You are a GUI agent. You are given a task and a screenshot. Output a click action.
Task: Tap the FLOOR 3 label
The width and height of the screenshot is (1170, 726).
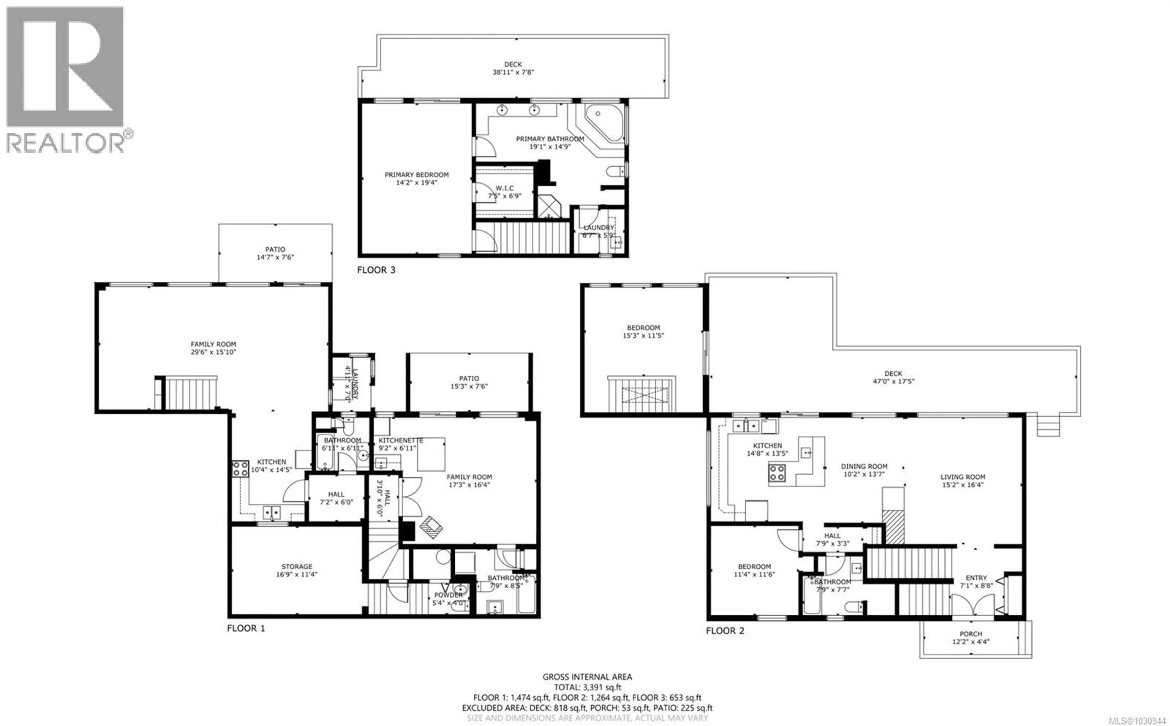[376, 270]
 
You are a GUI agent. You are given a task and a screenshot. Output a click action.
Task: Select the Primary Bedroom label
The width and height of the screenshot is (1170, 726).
[416, 175]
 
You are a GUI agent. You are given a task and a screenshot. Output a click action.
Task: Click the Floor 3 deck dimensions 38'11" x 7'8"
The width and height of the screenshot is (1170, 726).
[513, 72]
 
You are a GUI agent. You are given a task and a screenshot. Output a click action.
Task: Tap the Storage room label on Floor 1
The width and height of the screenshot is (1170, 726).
[297, 567]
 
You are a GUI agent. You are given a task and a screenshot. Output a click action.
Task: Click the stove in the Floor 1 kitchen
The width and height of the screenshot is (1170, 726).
[240, 469]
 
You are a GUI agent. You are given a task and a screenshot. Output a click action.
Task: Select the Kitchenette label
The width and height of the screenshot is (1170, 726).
[400, 440]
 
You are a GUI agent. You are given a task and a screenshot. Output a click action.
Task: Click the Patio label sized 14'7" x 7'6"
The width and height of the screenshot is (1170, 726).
[275, 249]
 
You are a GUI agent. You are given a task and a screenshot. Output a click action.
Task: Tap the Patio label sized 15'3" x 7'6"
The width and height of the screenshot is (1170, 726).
[469, 378]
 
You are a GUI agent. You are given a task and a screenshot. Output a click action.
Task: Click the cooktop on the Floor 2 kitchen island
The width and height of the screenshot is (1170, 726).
[777, 473]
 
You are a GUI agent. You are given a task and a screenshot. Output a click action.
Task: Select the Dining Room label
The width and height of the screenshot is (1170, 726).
[864, 466]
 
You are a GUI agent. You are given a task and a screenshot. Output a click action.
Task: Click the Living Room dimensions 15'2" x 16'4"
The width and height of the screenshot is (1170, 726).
[962, 485]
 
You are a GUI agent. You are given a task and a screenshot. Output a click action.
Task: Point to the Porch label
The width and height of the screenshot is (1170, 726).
[971, 634]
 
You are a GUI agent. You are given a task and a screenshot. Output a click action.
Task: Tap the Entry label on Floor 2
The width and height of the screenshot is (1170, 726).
[976, 578]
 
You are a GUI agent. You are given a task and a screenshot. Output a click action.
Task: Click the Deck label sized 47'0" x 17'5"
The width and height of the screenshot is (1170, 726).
[893, 374]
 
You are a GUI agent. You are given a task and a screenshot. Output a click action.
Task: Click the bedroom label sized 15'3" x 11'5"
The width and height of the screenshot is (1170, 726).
[643, 328]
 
